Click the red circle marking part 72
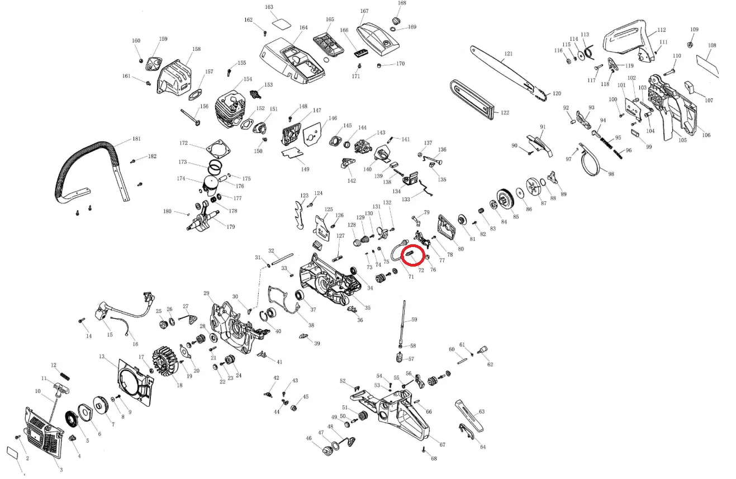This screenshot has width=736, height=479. tap(413, 255)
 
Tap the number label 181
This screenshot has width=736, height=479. tap(136, 139)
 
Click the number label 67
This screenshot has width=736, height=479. tap(442, 445)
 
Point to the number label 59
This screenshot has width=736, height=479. tap(414, 320)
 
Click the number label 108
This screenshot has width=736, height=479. tap(712, 45)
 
